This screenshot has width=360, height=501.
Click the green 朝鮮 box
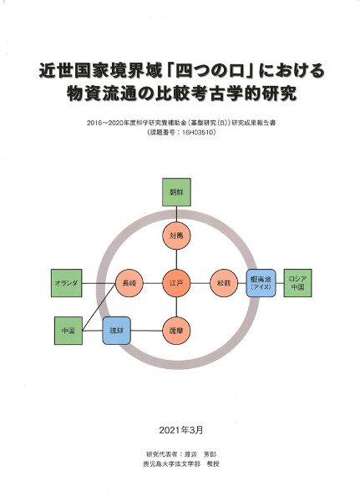coord(176,192)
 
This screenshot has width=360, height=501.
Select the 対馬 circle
coord(176,235)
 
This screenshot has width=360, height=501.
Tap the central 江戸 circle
coord(176,283)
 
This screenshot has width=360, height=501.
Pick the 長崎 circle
coord(129,283)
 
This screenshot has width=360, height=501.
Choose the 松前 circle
coord(224,283)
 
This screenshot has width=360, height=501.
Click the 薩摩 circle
coord(176,331)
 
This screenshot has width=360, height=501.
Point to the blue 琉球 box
coord(117,331)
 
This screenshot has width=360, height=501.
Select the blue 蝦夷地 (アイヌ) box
coord(261,283)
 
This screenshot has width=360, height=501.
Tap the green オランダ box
coord(67,283)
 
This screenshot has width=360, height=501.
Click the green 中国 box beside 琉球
coord(68,331)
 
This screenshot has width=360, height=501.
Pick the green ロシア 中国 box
coord(297,283)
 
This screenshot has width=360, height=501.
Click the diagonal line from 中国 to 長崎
coord(99,306)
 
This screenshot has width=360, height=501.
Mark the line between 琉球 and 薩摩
coord(147,331)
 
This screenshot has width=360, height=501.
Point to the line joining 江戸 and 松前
coord(200,283)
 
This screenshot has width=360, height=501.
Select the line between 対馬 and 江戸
coord(176,260)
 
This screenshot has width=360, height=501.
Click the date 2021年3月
coord(181,430)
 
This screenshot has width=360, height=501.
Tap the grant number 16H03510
coord(198,132)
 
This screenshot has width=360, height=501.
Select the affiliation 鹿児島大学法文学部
coord(172,464)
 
